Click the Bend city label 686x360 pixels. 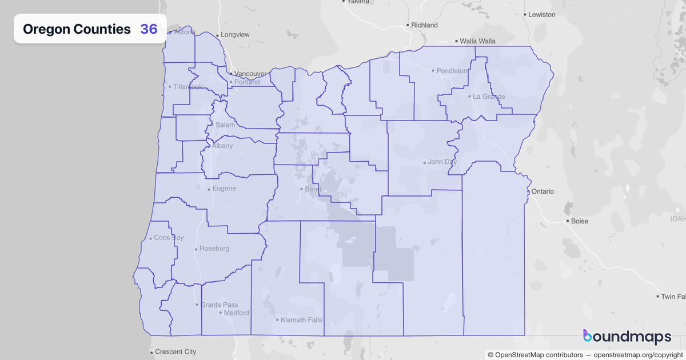[313, 189]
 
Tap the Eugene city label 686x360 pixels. [224, 189]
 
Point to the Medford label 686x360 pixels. [236, 313]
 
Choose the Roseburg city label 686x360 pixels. [214, 249]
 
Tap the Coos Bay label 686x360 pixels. [169, 238]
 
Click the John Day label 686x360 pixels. [442, 162]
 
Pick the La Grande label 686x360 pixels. [489, 97]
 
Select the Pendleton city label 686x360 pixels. [452, 71]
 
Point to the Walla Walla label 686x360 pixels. [478, 41]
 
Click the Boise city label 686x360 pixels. [580, 221]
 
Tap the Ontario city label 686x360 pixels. [542, 191]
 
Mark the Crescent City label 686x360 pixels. [176, 351]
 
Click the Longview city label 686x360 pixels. [235, 35]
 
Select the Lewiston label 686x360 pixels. [541, 14]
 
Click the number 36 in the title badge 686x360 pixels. [149, 29]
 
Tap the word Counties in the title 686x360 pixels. [102, 29]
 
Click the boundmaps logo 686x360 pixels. [627, 338]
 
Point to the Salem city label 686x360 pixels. [225, 125]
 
